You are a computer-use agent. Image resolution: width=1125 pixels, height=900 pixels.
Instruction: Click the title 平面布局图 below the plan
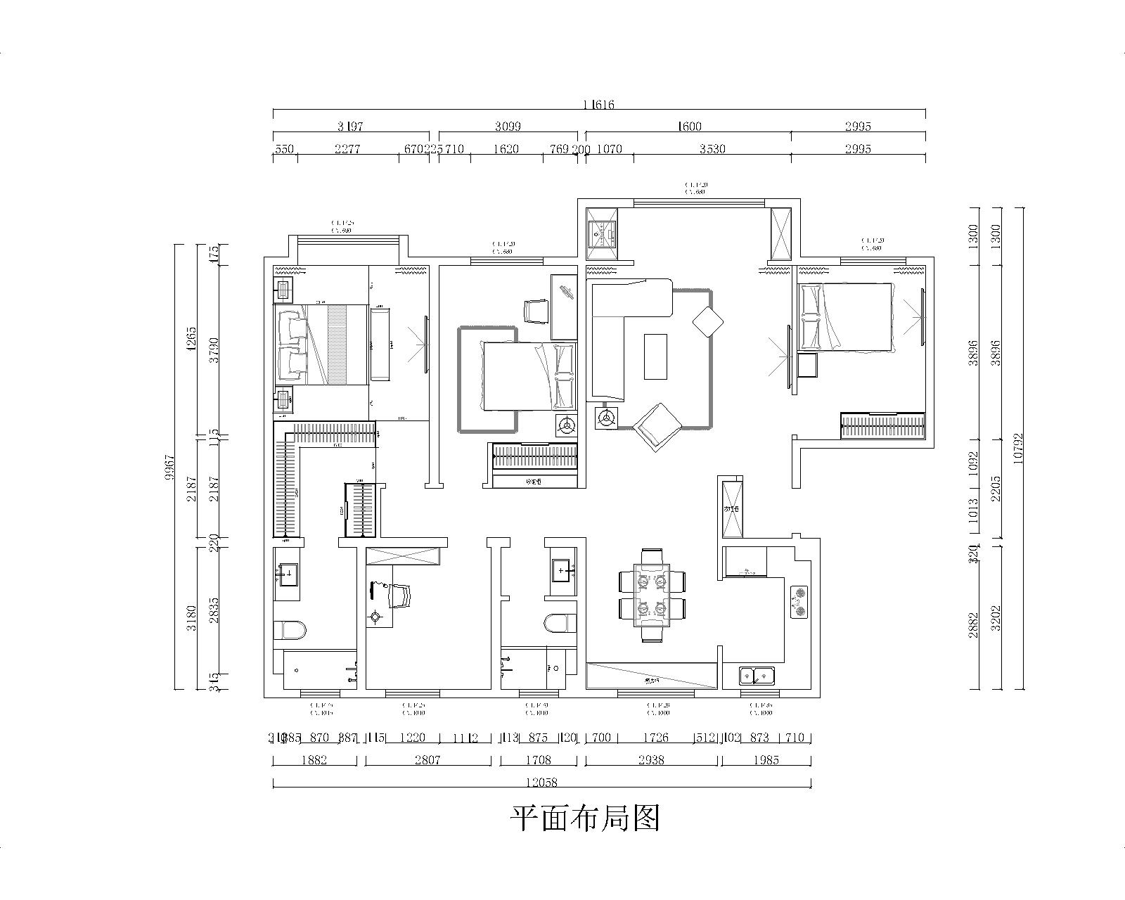(585, 818)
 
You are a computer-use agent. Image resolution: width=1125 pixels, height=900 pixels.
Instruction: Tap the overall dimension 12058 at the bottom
(541, 782)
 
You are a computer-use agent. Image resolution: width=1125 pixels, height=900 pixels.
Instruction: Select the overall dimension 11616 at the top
(598, 105)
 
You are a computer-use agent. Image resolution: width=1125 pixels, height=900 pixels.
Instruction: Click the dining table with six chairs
(652, 594)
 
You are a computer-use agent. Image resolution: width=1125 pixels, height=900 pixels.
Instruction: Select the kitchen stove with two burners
(799, 602)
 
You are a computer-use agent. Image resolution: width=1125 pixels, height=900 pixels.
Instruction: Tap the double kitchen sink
(757, 676)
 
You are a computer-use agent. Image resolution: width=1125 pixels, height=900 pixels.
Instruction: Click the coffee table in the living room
(655, 356)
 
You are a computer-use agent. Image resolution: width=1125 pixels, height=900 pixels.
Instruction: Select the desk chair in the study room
(399, 596)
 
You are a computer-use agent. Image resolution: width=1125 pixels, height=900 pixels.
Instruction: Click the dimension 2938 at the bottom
(650, 760)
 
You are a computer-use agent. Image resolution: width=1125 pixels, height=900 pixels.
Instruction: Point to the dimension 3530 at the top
(712, 149)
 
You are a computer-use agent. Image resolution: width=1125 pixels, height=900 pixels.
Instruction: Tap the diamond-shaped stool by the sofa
(708, 322)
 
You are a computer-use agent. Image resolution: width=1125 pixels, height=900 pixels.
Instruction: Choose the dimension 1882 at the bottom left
(314, 760)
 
